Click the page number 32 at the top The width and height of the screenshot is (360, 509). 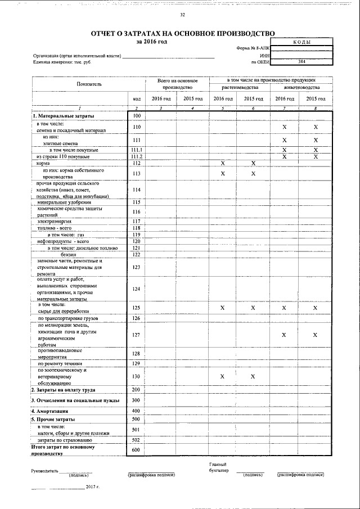pyautogui.click(x=182, y=15)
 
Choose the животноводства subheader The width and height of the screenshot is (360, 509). pyautogui.click(x=301, y=88)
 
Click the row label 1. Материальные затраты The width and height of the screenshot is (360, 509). pyautogui.click(x=63, y=116)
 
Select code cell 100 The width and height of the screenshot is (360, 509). pyautogui.click(x=136, y=116)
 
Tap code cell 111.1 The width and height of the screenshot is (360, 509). pyautogui.click(x=136, y=150)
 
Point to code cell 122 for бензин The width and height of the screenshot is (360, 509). pyautogui.click(x=136, y=254)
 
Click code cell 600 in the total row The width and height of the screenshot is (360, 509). pyautogui.click(x=136, y=450)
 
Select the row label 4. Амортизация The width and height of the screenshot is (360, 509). pyautogui.click(x=52, y=411)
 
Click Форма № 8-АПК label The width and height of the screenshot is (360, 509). pyautogui.click(x=254, y=48)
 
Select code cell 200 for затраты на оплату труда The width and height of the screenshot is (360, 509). pyautogui.click(x=136, y=389)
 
